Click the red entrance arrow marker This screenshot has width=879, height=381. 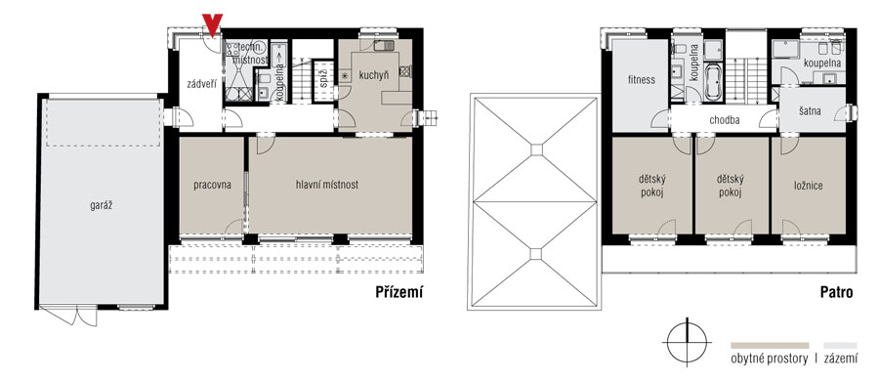tap(213, 24)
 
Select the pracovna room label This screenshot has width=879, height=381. tap(213, 185)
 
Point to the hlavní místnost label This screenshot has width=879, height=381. tap(327, 184)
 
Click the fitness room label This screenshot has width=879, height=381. tap(642, 80)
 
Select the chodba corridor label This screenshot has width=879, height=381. tap(725, 120)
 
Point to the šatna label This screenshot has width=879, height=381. tap(811, 111)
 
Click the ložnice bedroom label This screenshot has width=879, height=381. tap(809, 186)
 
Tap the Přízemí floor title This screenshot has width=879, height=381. tap(398, 292)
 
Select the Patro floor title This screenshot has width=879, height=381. tap(836, 292)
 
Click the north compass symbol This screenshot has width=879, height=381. tap(687, 342)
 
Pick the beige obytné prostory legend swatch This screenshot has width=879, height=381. tap(770, 346)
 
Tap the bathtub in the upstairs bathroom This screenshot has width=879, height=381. tap(713, 83)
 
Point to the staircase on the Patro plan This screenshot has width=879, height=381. tap(747, 79)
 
